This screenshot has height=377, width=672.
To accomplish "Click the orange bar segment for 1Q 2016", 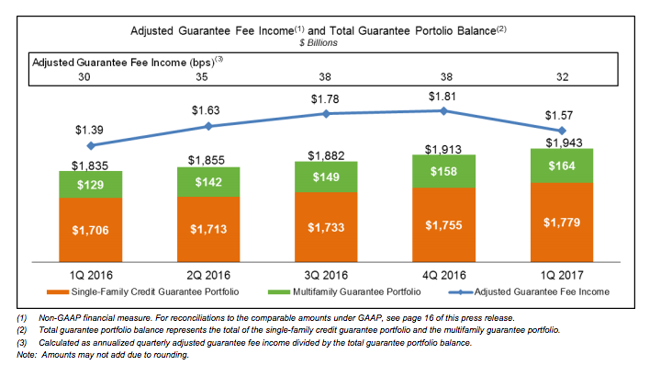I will pos(90,230).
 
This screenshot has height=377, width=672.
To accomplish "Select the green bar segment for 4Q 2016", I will pos(444,170).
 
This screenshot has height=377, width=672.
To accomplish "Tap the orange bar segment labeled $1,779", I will pos(562,223).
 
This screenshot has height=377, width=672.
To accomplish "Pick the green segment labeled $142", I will pos(208,182).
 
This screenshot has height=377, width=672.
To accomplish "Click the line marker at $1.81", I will pos(444,110).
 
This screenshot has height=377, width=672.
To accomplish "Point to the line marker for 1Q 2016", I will pos(90,145).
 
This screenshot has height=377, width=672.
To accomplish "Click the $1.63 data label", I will pos(208,110).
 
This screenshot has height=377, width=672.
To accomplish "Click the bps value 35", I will pos(208,78).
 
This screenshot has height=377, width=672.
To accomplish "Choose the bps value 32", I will pos(563,78).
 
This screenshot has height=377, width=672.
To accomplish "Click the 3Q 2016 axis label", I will pos(326,274).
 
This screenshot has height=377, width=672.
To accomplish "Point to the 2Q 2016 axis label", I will pos(208,274).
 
